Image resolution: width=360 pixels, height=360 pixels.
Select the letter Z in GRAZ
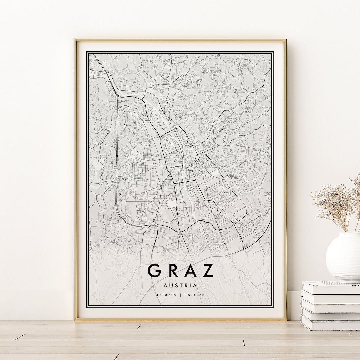[x=208, y=271]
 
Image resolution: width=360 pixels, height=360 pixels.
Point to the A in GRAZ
[x=190, y=271]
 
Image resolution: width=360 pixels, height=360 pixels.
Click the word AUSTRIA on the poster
[x=180, y=285]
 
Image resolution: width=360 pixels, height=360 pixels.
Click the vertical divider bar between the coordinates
[x=180, y=295]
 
